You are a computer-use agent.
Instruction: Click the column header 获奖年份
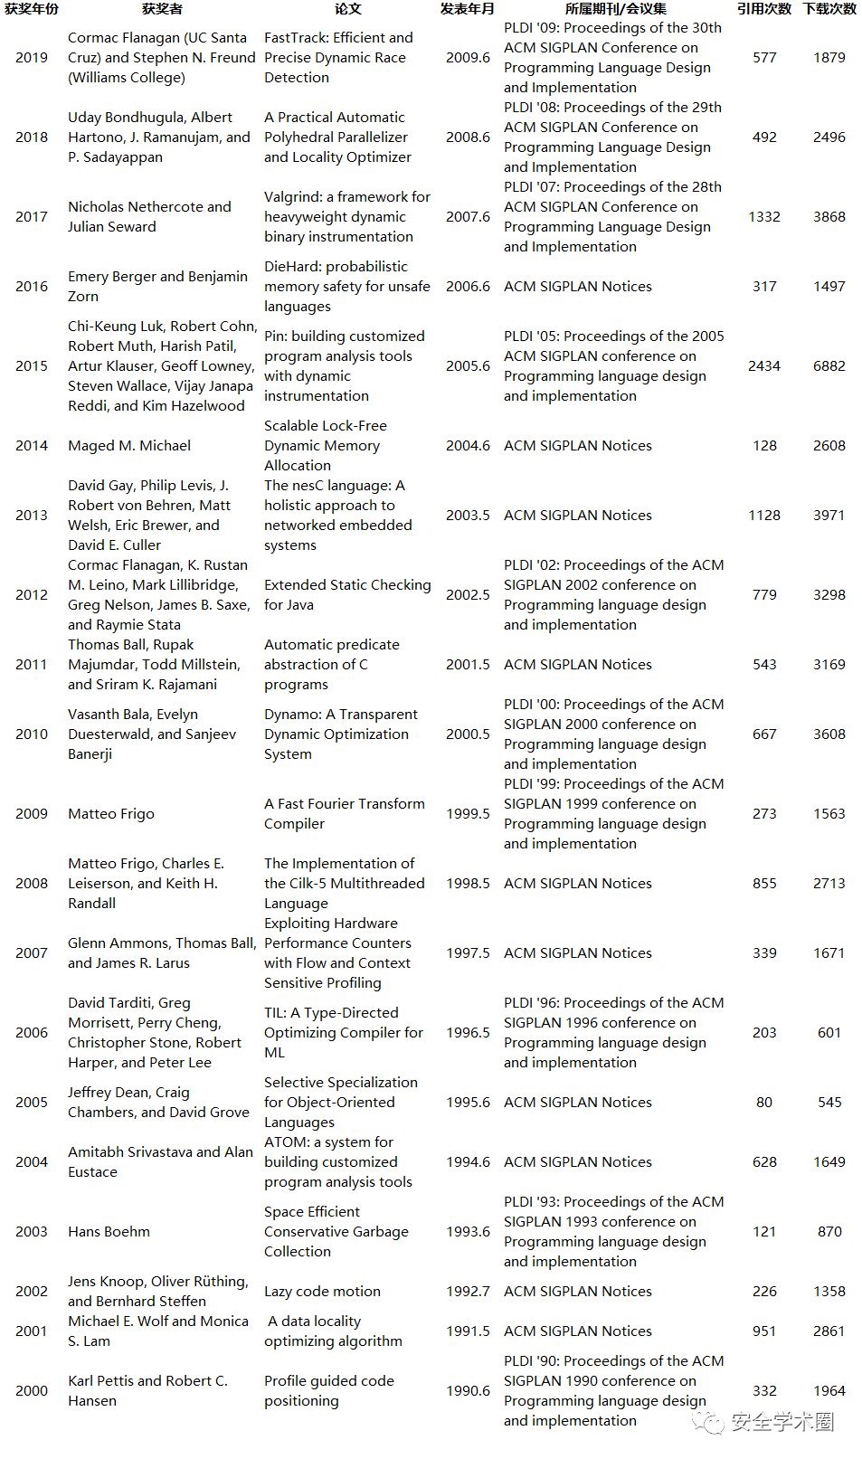pos(32,9)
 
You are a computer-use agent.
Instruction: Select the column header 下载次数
pos(829,9)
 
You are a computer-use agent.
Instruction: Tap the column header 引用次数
pos(764,9)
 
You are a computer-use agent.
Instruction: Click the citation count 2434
pos(764,365)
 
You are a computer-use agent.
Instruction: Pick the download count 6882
pos(829,365)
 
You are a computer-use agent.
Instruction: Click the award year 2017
pos(32,216)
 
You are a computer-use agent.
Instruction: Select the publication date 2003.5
pos(468,515)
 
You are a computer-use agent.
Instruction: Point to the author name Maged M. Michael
pos(129,445)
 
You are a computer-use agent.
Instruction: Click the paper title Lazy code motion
pos(322,1291)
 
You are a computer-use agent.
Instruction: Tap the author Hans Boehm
pos(109,1231)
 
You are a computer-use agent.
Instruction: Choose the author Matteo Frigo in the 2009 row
pos(111,813)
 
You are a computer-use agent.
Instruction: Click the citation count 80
pos(764,1102)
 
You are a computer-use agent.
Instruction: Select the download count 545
pos(829,1102)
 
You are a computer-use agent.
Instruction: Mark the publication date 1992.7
pos(468,1291)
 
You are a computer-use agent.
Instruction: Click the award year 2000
pos(32,1390)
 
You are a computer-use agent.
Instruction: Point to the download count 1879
pos(829,57)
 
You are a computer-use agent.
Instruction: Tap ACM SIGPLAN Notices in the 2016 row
pos(578,286)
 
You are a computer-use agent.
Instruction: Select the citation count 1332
pos(764,216)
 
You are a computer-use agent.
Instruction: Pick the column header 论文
pos(348,9)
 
